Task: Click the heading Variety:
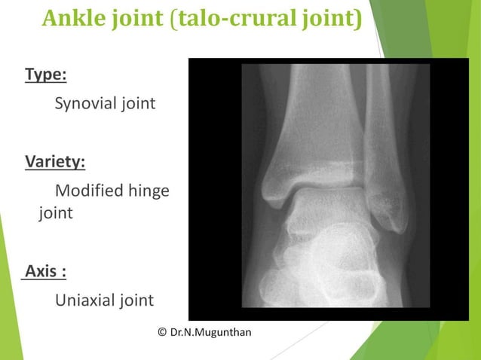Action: tap(55, 162)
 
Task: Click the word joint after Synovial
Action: tap(137, 103)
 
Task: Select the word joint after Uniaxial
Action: tap(135, 301)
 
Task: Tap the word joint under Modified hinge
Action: tap(56, 213)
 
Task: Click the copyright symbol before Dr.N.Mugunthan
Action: tap(163, 332)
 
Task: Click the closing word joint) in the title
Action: tap(332, 18)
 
